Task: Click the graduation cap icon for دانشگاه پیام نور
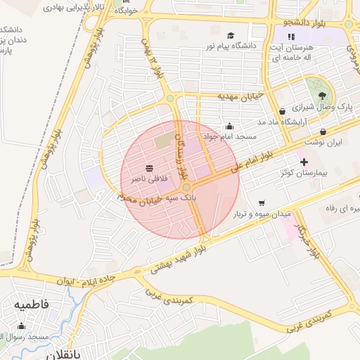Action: point(231,35)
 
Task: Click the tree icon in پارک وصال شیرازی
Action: point(322,95)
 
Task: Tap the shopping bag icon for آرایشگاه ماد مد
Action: point(282,111)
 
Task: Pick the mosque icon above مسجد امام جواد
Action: point(229,126)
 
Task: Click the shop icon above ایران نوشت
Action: point(323,131)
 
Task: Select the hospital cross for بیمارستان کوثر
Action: point(304,162)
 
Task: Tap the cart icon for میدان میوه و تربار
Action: point(262,202)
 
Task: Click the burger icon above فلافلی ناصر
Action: point(149,169)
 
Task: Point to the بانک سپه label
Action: point(198,199)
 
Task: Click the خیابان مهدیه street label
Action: point(239,96)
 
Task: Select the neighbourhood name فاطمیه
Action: point(30,305)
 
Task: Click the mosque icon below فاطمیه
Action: point(22,326)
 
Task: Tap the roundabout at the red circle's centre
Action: point(186,187)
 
